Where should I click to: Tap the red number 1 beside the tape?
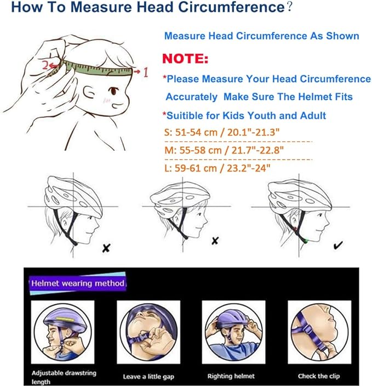click(x=146, y=71)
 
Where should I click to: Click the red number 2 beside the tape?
click(x=44, y=65)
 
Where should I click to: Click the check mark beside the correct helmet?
click(x=337, y=245)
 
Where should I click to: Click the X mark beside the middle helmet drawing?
click(x=215, y=241)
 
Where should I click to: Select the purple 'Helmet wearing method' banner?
click(x=77, y=283)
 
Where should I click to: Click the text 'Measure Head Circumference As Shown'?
click(x=262, y=36)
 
